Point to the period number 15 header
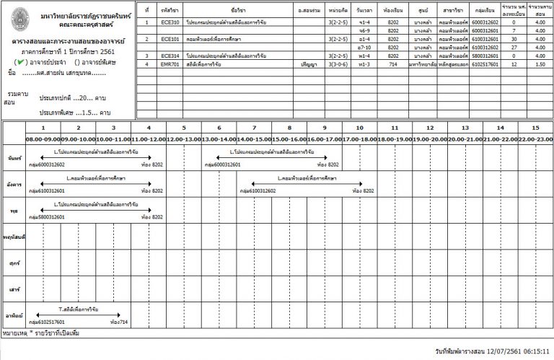pos(535,128)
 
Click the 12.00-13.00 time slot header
pos(183,139)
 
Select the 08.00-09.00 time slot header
pos(43,139)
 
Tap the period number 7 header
pos(254,128)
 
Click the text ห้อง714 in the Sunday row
pos(118,322)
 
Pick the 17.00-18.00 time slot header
pos(359,139)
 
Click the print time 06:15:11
pos(532,350)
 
